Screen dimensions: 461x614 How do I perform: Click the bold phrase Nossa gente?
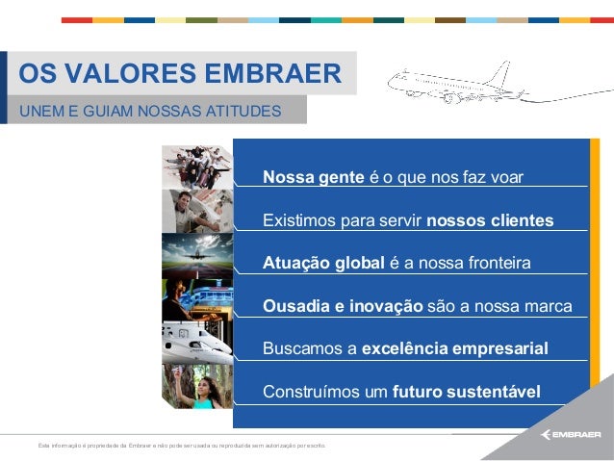313,179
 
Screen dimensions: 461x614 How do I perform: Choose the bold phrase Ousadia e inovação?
343,307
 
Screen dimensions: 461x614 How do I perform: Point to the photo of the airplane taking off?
197,254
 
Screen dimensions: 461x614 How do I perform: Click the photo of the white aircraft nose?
197,341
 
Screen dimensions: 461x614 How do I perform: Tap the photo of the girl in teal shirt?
197,385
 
